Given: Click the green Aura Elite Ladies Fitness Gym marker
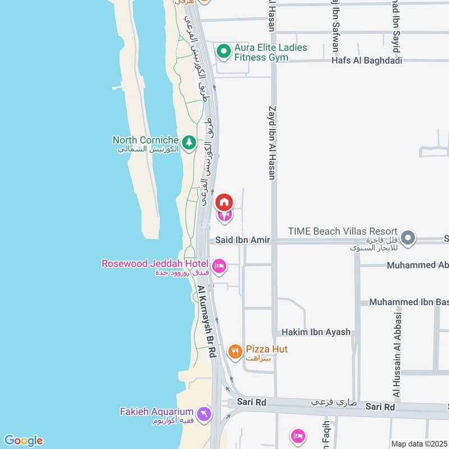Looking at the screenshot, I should click(x=224, y=52).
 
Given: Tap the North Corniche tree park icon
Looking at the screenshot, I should click(x=190, y=143).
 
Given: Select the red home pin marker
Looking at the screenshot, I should click(x=224, y=201).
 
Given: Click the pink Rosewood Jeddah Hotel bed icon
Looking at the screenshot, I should click(x=219, y=265).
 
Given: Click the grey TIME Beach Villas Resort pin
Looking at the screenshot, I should click(x=409, y=237).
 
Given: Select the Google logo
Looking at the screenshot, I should click(x=23, y=441).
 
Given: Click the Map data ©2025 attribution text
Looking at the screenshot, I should click(x=418, y=443).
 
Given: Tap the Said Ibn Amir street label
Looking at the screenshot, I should click(x=243, y=240).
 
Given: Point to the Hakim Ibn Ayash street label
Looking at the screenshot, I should click(x=316, y=332).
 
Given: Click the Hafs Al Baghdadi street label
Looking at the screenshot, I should click(x=366, y=61).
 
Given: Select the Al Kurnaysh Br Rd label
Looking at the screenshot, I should click(x=206, y=322).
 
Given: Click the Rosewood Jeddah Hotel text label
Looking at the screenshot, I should click(x=155, y=263).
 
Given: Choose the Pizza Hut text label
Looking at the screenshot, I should click(x=267, y=349).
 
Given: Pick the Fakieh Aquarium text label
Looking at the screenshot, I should click(x=157, y=411).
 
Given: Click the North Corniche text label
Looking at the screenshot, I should click(x=145, y=140).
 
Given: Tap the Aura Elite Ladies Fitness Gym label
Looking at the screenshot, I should click(x=271, y=52).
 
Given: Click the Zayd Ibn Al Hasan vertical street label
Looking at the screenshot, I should click(x=272, y=143).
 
